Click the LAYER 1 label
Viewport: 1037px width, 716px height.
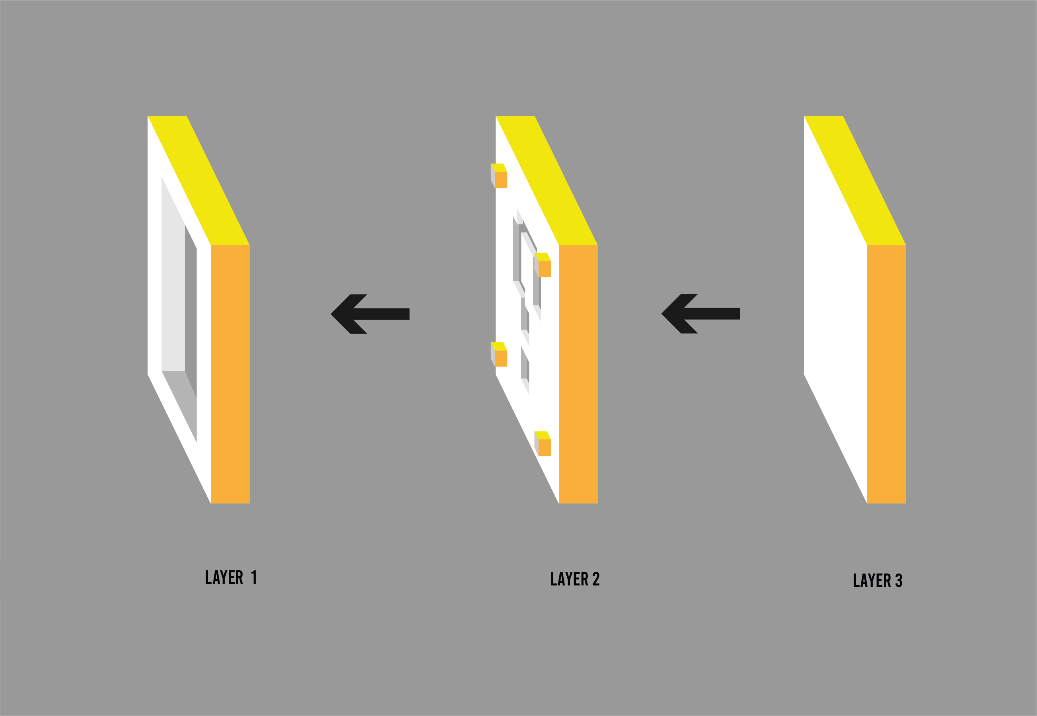point(230,577)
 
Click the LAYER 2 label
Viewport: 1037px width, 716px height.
point(575,579)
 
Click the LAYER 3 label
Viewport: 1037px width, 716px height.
point(877,581)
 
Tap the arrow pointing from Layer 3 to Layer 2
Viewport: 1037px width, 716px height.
point(700,314)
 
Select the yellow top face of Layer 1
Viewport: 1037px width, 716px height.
point(198,180)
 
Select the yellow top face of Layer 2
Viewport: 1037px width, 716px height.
point(547,180)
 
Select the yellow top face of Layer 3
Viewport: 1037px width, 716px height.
point(855,180)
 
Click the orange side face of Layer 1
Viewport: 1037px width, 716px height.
point(230,374)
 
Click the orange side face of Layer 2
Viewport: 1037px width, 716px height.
point(578,374)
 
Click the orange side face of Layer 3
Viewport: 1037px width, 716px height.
point(886,374)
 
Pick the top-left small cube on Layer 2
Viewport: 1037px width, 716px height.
point(500,177)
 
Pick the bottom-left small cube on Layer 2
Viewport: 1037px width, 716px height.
point(500,355)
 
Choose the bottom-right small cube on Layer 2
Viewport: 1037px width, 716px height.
point(543,444)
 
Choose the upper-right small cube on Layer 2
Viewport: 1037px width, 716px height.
point(543,265)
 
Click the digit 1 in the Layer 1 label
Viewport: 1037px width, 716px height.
point(254,577)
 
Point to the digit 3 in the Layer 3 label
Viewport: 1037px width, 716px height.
point(899,581)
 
